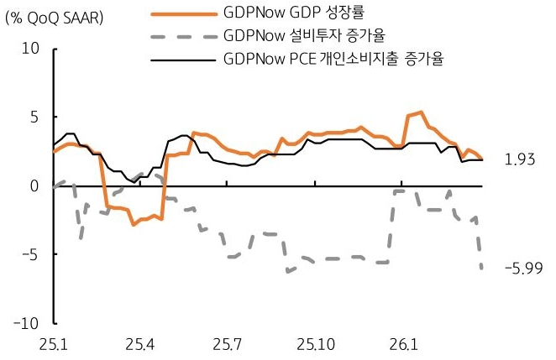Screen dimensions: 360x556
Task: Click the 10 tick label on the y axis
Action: [x=30, y=49]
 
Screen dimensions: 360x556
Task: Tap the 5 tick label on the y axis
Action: [x=34, y=117]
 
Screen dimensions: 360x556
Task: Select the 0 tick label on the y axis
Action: [x=34, y=185]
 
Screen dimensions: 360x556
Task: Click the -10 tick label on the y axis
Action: [x=28, y=323]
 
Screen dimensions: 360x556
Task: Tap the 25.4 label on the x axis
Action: [x=139, y=344]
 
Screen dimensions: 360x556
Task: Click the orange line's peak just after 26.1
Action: [x=420, y=112]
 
